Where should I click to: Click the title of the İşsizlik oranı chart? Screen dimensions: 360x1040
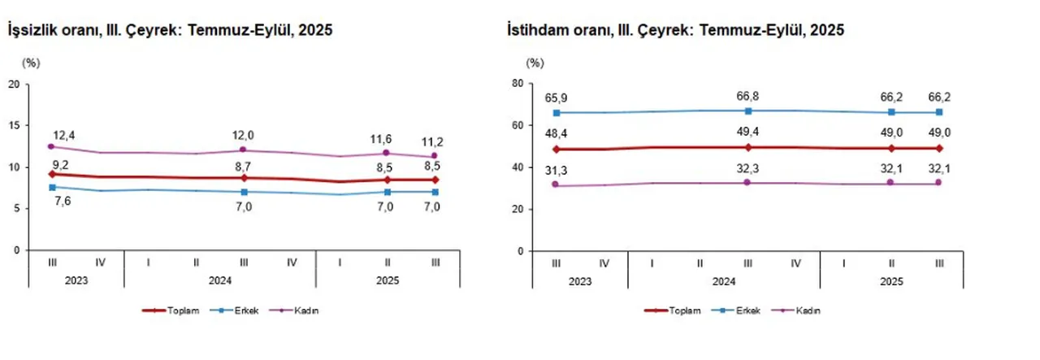(170, 30)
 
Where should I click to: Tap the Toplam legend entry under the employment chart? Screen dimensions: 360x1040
(669, 311)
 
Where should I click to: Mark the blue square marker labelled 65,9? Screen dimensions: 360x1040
(556, 113)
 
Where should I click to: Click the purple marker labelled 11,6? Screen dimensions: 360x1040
(387, 153)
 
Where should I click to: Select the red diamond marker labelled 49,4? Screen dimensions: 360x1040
(747, 147)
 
